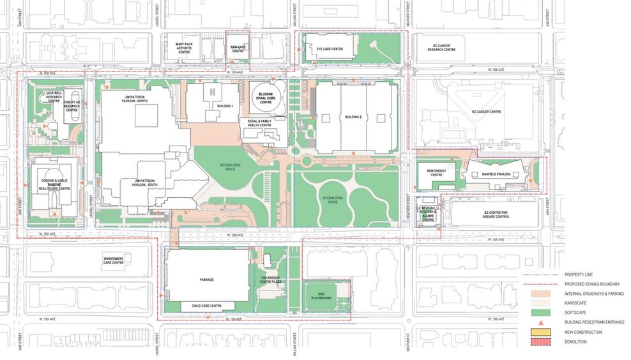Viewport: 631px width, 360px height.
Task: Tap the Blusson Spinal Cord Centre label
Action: tap(266, 97)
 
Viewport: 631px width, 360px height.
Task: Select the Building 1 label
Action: tap(224, 105)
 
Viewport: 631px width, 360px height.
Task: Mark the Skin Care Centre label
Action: tap(238, 48)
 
